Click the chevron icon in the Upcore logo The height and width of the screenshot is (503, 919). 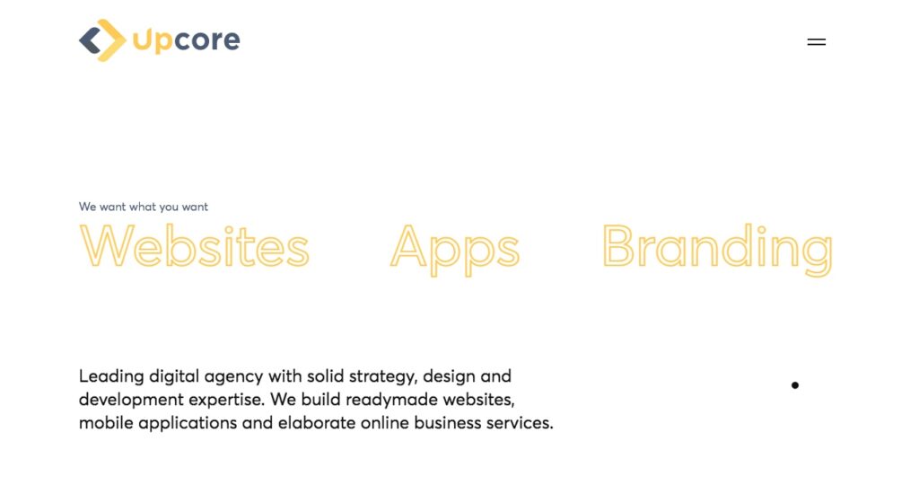[x=102, y=40]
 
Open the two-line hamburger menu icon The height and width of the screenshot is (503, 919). [x=817, y=41]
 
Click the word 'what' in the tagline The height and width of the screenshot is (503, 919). [x=143, y=207]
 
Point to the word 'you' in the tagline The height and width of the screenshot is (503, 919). [x=169, y=207]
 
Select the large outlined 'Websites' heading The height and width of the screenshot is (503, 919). [x=194, y=245]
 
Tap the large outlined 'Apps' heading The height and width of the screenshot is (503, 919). [x=455, y=249]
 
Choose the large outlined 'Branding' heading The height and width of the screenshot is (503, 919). [x=717, y=249]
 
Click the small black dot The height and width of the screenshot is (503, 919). [x=795, y=385]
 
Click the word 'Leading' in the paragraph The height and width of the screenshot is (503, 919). [x=111, y=376]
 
